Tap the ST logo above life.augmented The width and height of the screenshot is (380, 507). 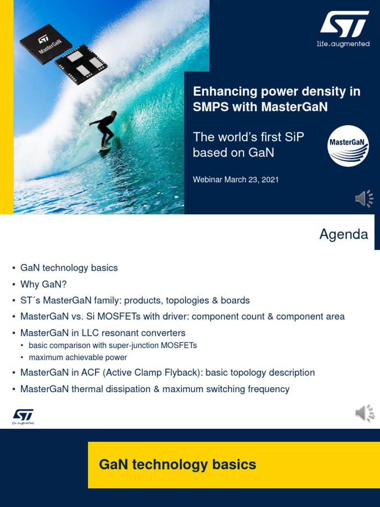(x=343, y=25)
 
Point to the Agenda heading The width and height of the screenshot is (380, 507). (x=343, y=234)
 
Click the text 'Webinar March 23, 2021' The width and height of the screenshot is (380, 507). (x=236, y=180)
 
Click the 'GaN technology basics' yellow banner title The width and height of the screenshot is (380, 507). (x=178, y=464)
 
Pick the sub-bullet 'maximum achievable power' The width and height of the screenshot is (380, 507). (x=78, y=357)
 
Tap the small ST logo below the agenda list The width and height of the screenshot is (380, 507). (x=23, y=416)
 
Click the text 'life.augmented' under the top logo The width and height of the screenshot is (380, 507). (x=343, y=44)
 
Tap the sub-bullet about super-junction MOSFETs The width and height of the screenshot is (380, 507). (x=112, y=346)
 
